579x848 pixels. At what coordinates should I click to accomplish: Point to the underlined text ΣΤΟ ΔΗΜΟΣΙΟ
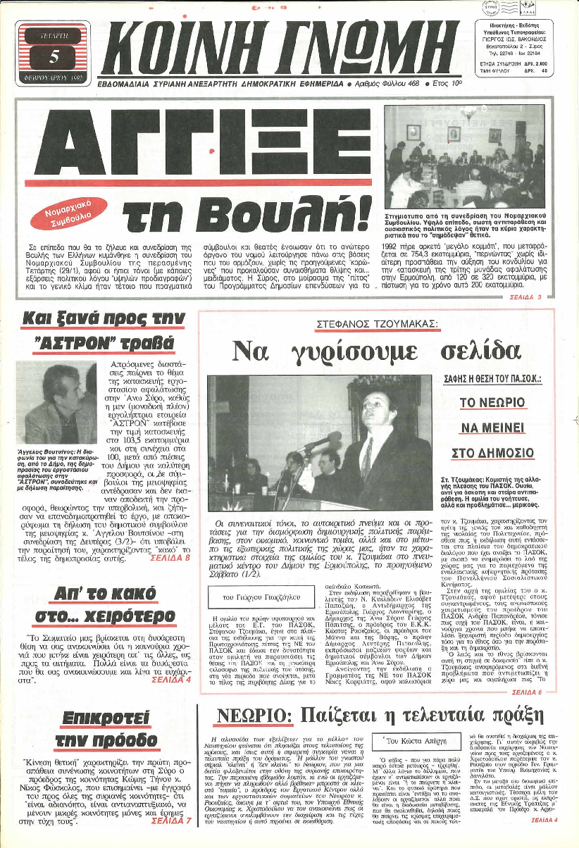click(495, 451)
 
